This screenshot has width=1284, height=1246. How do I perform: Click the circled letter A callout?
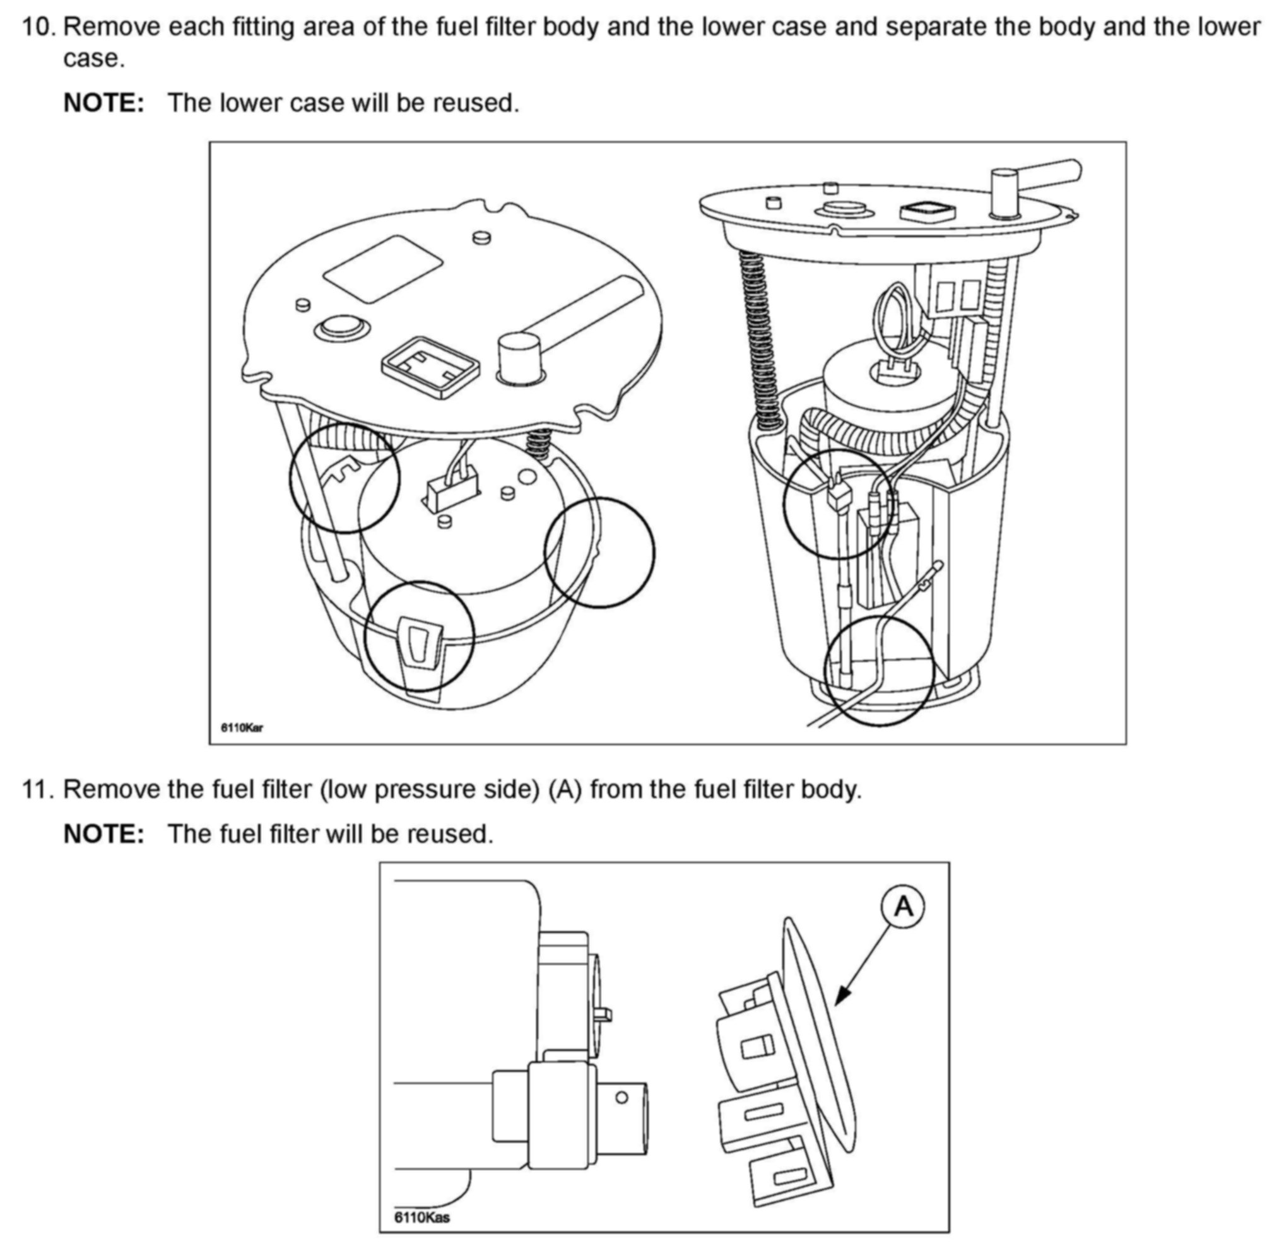904,907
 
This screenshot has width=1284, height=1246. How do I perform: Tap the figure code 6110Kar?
242,727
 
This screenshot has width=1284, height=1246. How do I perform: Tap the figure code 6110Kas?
422,1217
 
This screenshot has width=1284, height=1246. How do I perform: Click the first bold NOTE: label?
103,103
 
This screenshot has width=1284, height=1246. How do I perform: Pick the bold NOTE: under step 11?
103,834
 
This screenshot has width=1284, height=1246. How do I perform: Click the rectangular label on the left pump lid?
382,269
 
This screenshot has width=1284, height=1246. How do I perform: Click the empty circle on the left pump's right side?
599,551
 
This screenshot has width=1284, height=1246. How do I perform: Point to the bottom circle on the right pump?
878,669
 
